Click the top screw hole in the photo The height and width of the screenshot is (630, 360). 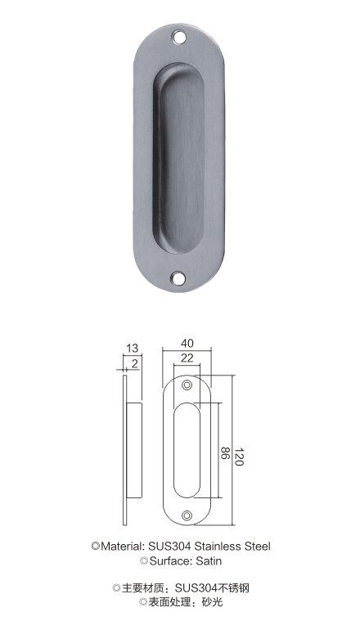coord(179,38)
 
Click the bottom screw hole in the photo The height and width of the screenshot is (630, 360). coord(177,277)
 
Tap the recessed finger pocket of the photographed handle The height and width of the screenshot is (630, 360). coord(179,159)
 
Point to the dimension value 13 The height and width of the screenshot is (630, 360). coord(133,348)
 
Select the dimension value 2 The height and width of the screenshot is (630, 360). coord(135,363)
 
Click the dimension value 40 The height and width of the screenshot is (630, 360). coord(187,343)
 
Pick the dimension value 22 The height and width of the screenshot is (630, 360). coord(187,358)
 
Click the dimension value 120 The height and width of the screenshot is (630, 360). coord(239,457)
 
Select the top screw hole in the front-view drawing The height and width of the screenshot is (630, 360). coord(187,385)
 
